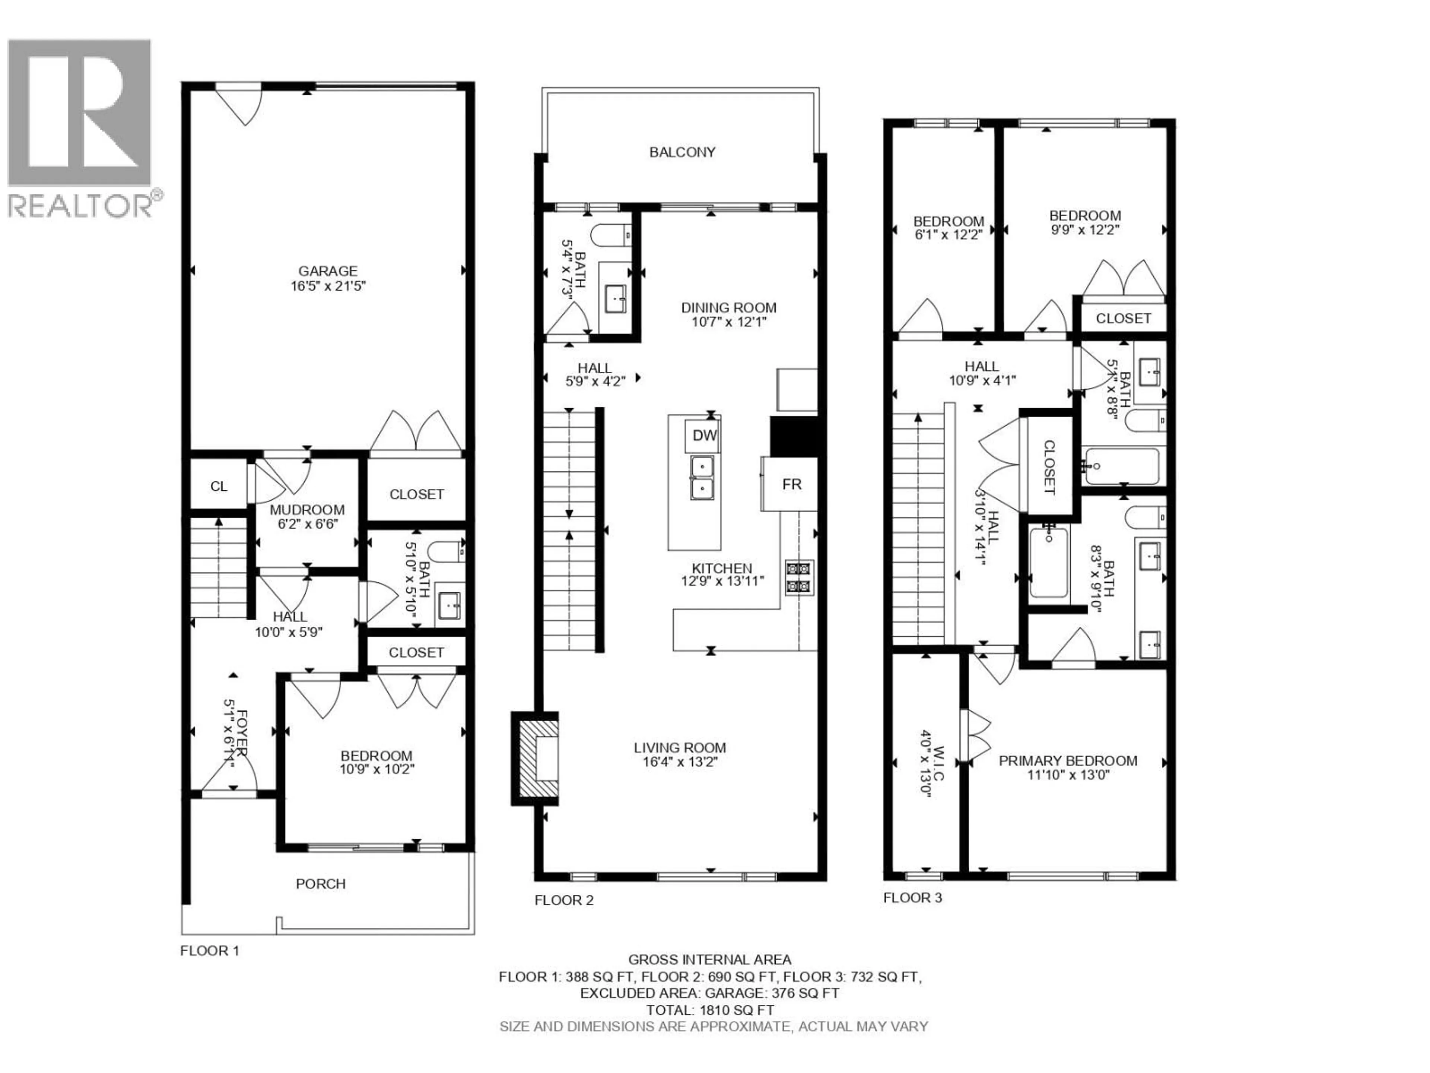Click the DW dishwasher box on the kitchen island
tap(703, 435)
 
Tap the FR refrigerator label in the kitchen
tap(791, 484)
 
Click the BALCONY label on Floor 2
tap(682, 152)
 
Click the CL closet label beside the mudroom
tap(219, 486)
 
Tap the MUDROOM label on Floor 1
tap(307, 510)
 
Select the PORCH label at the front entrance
tap(321, 883)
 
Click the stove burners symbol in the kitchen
tap(799, 577)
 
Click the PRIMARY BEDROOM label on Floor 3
tap(1068, 761)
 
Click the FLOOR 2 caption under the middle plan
tap(564, 900)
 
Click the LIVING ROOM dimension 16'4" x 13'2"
tap(680, 762)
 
